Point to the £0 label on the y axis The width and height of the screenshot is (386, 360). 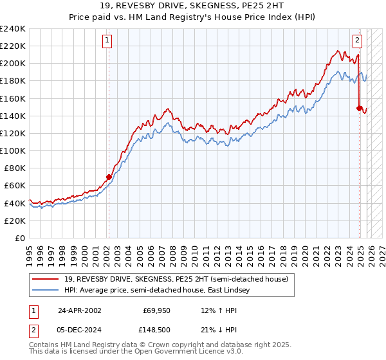(x=21, y=238)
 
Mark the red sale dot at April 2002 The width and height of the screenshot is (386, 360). (x=109, y=177)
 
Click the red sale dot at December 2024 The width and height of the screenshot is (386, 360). (x=359, y=108)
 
